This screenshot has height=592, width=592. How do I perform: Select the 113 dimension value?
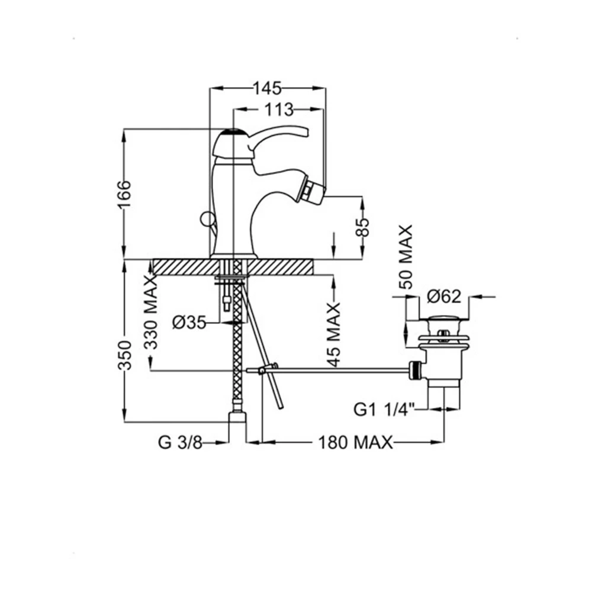(x=279, y=110)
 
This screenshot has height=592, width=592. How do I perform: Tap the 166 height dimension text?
(x=124, y=194)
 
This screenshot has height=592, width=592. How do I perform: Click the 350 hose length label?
(x=124, y=355)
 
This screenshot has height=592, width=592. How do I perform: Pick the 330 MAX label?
(x=151, y=312)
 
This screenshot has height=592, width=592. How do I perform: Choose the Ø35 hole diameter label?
(x=189, y=323)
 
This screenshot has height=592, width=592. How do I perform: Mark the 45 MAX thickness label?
(x=334, y=334)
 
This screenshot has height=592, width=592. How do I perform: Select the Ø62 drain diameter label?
(x=444, y=297)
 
